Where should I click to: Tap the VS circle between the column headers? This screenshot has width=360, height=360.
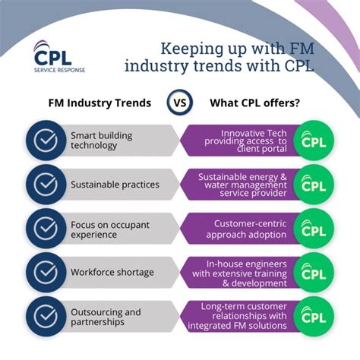click(179, 103)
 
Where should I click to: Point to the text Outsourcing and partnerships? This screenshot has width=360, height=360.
click(106, 316)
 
